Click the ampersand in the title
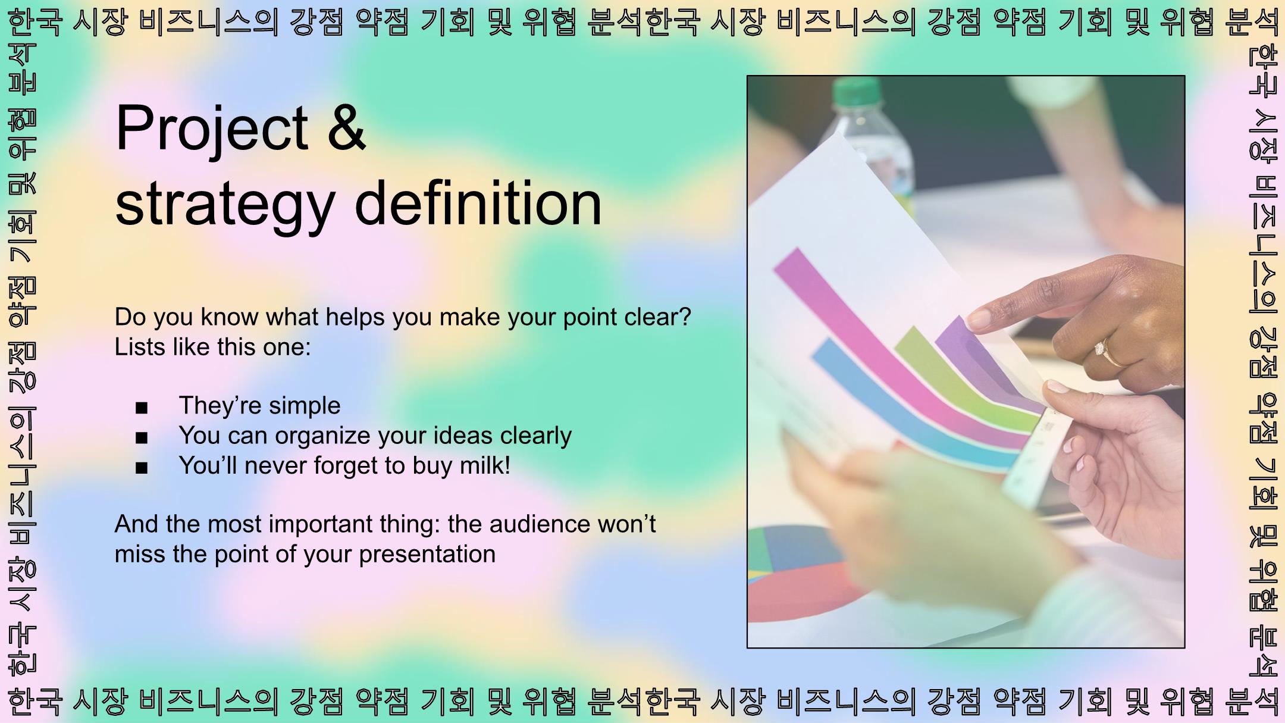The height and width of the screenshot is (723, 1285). [x=346, y=127]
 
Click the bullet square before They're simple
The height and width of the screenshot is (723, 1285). [x=142, y=408]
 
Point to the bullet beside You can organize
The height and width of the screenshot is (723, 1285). [x=142, y=438]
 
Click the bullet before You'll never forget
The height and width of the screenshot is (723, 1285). [x=142, y=468]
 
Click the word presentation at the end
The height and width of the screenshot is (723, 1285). [x=427, y=555]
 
